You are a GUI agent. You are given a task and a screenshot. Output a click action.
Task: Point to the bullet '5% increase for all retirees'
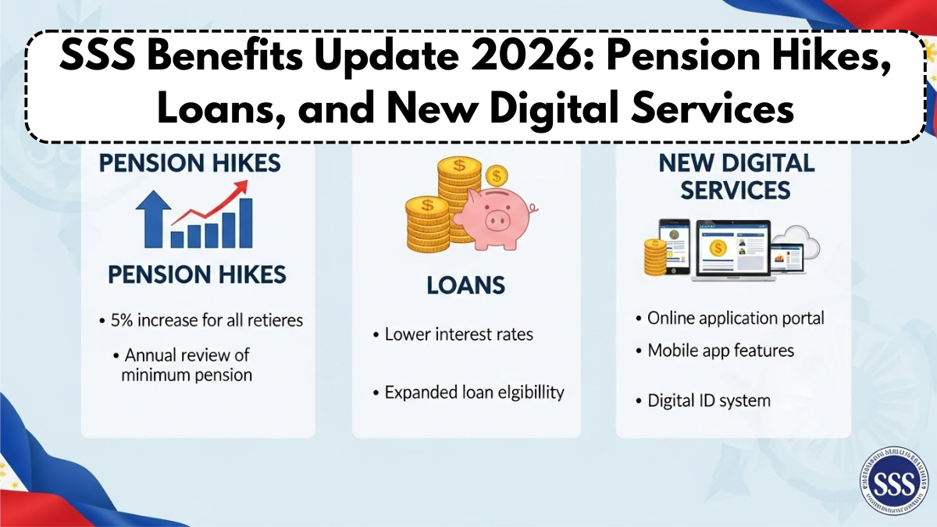pos(201,319)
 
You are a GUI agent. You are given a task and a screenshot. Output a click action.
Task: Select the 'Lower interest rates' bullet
pos(459,334)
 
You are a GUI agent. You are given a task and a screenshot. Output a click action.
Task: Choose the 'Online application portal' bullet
pos(730,319)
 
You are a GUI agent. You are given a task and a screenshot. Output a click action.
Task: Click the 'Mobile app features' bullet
pos(714,351)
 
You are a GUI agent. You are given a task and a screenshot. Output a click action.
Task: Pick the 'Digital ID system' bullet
pos(703,401)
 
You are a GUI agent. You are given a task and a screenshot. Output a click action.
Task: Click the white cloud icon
pos(797,240)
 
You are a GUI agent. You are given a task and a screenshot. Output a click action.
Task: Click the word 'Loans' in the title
pos(207,110)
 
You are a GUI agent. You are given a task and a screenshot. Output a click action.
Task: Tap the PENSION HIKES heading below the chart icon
pos(197,275)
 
